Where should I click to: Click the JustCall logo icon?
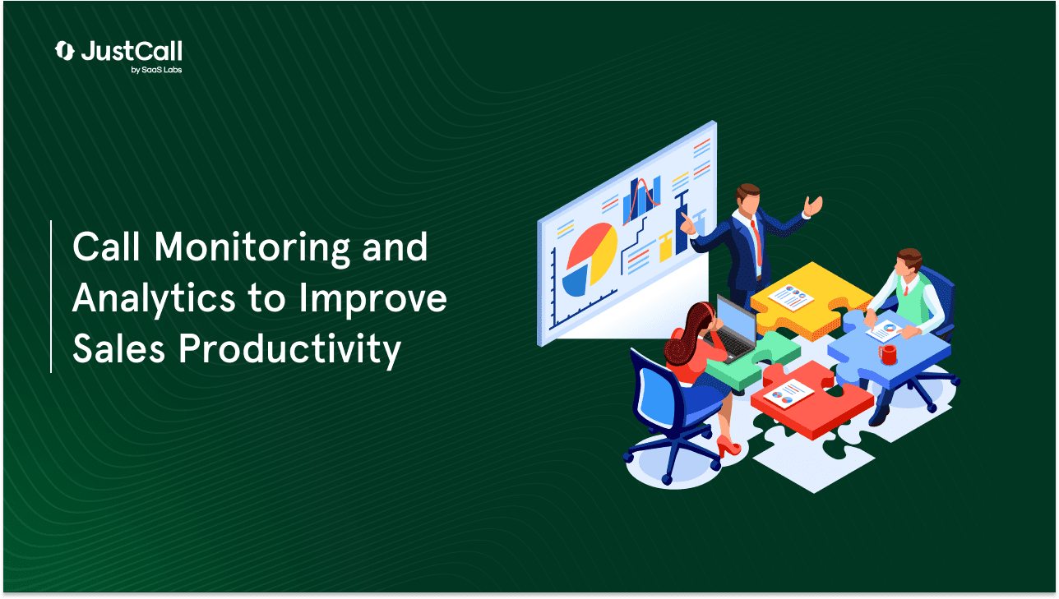coord(64,51)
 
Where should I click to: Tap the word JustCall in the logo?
coord(132,51)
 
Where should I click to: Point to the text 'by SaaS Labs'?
coord(156,70)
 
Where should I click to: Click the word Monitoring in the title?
coord(252,249)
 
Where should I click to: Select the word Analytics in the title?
coord(154,299)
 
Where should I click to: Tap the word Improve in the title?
coord(373,299)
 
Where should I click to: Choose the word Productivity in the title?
coord(289,350)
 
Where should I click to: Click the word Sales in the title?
coord(118,348)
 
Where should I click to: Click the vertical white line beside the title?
coord(51,297)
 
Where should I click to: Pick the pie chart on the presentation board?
coord(589,260)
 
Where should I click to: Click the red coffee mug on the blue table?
coord(888,354)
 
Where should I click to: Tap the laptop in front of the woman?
coord(733,329)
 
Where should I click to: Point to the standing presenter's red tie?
coord(756,242)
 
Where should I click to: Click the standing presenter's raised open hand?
coord(813,206)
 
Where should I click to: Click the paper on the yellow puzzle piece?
coord(790,297)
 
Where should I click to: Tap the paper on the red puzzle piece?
coord(788,394)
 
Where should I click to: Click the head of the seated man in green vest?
coord(908,264)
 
